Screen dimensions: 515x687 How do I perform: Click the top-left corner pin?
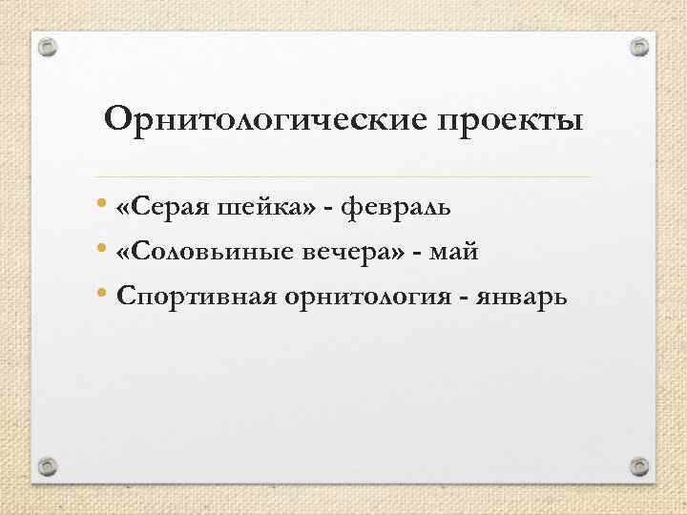click(48, 46)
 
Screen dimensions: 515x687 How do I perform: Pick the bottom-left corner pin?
click(48, 465)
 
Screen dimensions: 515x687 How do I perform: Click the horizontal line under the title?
click(343, 177)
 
